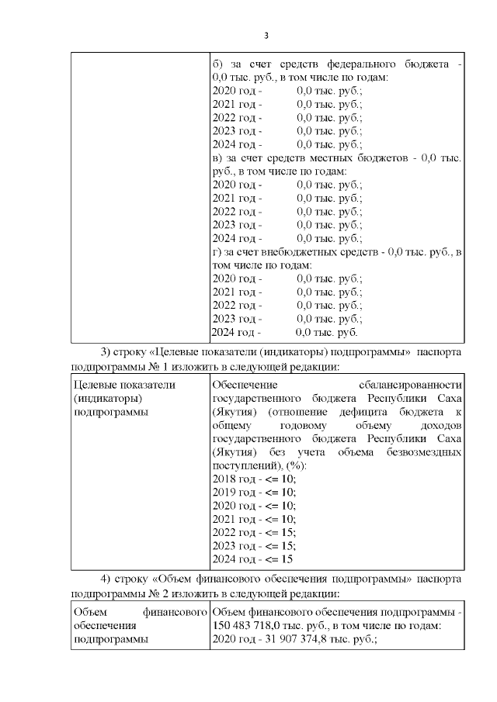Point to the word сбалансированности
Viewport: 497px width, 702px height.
(x=411, y=385)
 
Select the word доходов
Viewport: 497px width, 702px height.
(x=440, y=425)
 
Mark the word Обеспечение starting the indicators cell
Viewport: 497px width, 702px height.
(x=245, y=385)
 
